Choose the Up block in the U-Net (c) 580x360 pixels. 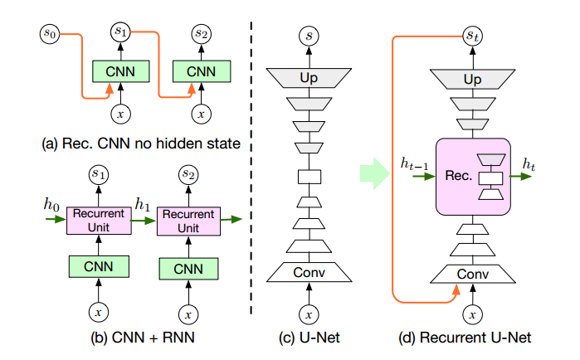click(x=308, y=78)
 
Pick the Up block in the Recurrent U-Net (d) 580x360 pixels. click(x=471, y=78)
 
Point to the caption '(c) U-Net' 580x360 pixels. click(x=308, y=338)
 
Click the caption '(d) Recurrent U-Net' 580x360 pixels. click(x=471, y=338)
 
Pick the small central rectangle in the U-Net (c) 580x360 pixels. click(x=308, y=177)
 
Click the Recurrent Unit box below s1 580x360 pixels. click(x=99, y=220)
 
